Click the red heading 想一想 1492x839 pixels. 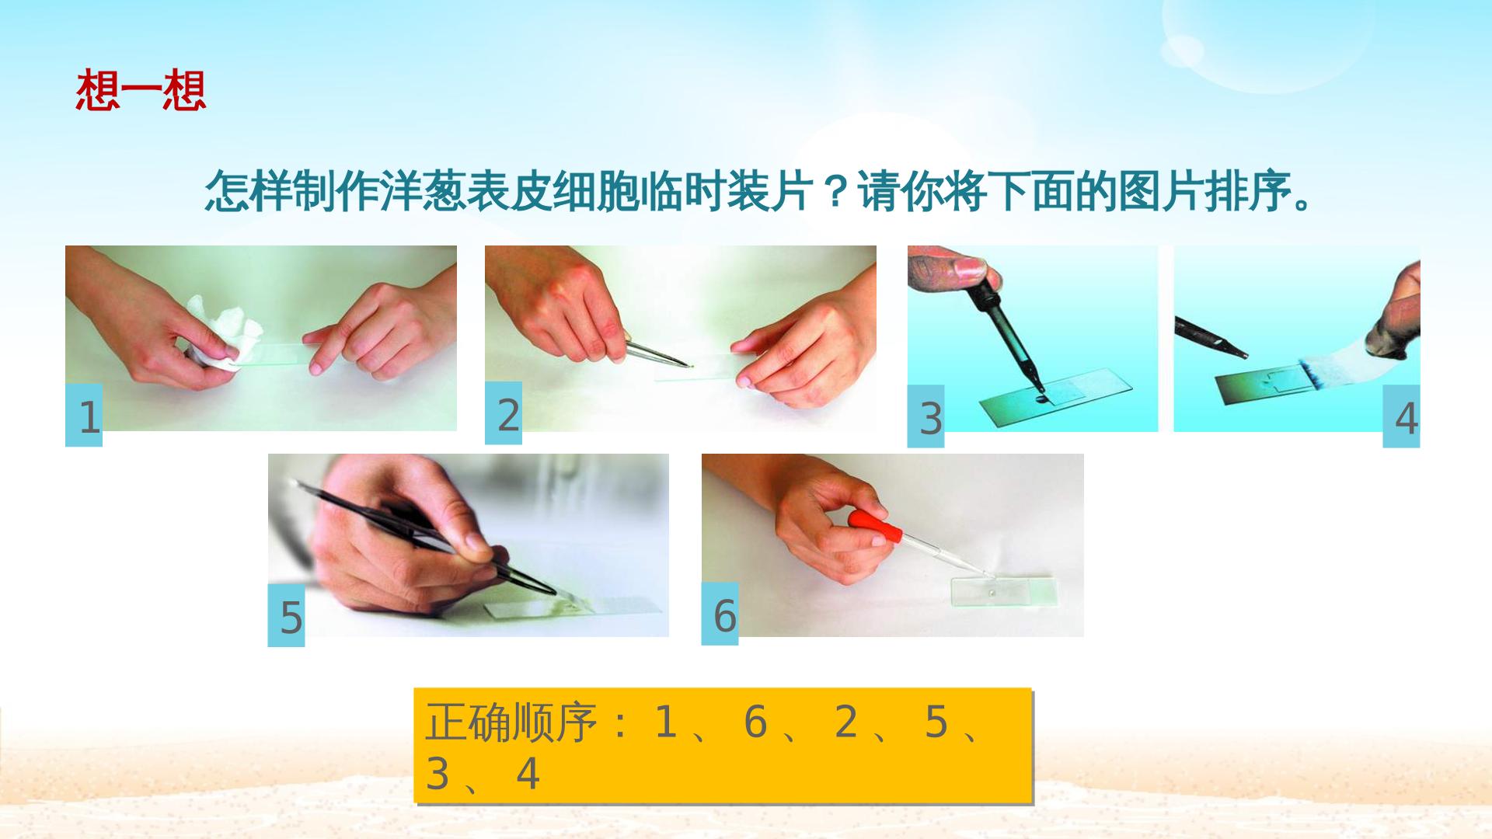(141, 91)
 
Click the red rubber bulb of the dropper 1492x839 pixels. (875, 526)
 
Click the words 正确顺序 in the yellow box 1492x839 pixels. (511, 722)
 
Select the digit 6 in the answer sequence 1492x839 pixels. (755, 722)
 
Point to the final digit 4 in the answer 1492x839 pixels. (528, 774)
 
